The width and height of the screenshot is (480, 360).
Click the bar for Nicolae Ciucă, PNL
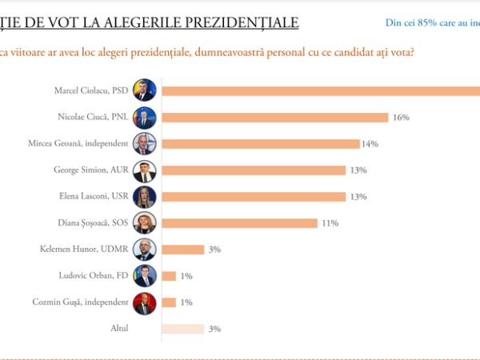click(x=276, y=118)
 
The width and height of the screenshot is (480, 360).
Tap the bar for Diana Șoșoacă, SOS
click(x=240, y=222)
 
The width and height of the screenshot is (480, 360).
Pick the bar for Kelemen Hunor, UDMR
click(x=183, y=249)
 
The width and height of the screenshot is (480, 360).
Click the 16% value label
click(x=401, y=118)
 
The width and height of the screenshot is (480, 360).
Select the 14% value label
click(x=370, y=144)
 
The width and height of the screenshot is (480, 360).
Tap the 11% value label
click(x=328, y=222)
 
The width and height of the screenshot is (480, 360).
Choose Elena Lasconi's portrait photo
click(x=146, y=197)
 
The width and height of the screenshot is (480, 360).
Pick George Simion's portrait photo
click(x=146, y=170)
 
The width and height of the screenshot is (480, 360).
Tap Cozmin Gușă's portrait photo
click(x=146, y=302)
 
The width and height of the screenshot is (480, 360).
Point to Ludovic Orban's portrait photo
click(x=146, y=276)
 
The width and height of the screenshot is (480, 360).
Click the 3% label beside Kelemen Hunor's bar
click(x=214, y=249)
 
